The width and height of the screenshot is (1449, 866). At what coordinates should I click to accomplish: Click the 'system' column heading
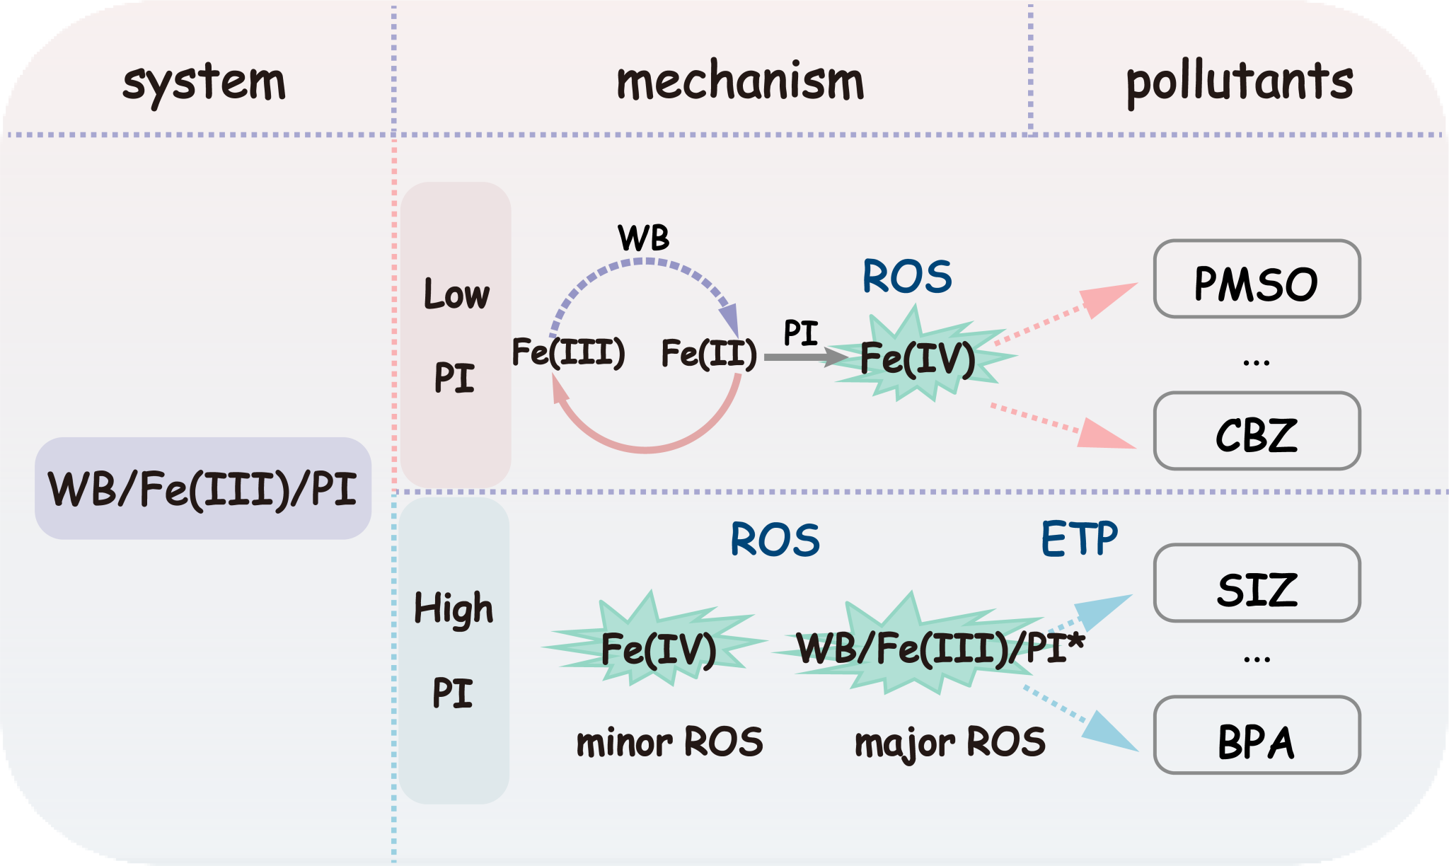204,83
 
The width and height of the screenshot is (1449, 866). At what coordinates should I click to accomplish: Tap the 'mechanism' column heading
740,81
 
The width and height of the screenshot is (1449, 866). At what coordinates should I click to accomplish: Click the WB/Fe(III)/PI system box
203,489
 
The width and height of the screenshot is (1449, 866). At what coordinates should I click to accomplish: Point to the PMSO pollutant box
1257,280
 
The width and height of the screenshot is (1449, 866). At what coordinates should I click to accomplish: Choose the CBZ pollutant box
1257,432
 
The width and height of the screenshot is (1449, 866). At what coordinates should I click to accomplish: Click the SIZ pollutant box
1257,584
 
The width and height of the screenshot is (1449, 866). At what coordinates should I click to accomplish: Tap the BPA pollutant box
1257,736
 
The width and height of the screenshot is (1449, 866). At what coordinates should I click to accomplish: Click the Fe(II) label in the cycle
709,353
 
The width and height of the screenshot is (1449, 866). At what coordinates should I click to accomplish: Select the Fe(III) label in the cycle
568,352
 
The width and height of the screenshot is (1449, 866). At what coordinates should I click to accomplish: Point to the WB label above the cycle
643,238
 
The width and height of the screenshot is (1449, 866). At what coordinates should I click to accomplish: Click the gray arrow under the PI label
803,357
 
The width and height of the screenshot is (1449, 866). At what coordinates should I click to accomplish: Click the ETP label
1079,539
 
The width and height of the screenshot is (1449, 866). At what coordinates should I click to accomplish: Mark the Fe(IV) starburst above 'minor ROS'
658,647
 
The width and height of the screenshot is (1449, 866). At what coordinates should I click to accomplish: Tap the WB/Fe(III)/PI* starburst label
940,647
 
